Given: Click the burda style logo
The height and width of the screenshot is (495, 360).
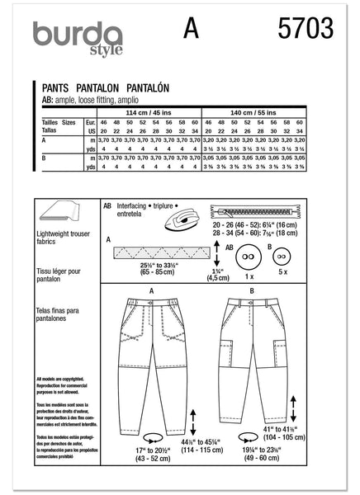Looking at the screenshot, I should [77, 37].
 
